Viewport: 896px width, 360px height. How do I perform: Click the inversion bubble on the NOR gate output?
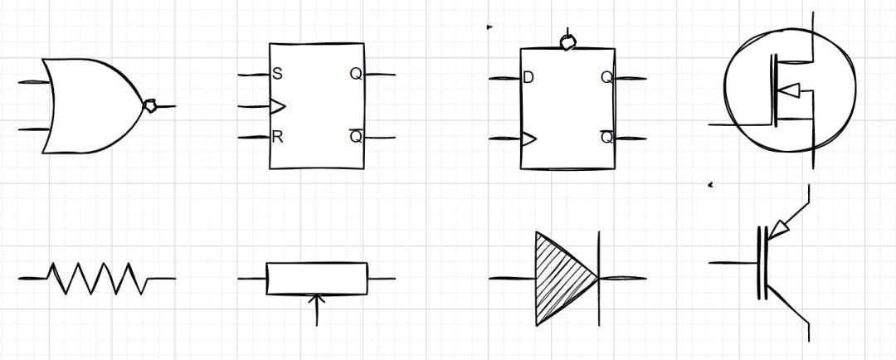tap(149, 105)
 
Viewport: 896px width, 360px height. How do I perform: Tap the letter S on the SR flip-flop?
tap(278, 74)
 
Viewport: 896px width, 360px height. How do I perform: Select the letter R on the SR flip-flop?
tap(278, 137)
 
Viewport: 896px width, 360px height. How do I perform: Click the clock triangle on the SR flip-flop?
tap(277, 106)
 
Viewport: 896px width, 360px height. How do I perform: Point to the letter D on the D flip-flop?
tap(528, 77)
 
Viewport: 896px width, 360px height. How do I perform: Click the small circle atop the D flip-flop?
tap(567, 42)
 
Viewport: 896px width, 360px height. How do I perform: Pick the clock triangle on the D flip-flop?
tap(528, 139)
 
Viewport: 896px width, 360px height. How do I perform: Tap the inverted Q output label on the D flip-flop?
tap(606, 137)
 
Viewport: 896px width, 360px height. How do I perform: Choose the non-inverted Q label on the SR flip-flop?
tap(356, 74)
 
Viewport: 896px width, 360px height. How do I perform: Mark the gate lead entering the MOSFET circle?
tap(741, 124)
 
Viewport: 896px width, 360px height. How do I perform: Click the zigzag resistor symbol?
tap(97, 278)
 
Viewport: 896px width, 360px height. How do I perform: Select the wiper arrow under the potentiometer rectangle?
tap(317, 310)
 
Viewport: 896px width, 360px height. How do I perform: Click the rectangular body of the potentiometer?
tap(317, 278)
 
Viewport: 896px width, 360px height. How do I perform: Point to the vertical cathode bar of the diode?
tap(599, 278)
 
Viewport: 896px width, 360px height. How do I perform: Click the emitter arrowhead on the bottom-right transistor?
tap(778, 231)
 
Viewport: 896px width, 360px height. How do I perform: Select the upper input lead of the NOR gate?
tap(34, 82)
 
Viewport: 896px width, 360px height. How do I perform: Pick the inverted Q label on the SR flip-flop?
tap(356, 137)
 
